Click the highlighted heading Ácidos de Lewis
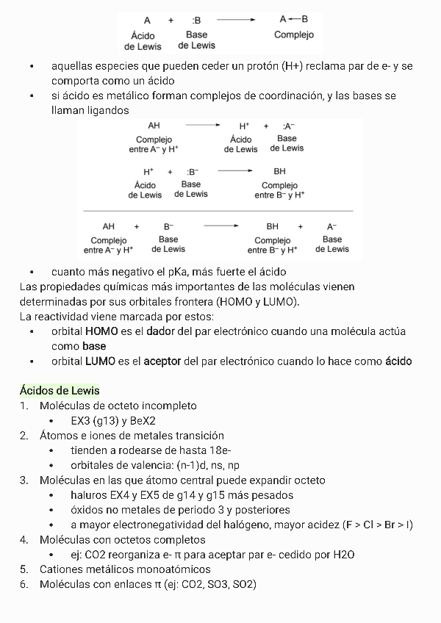(60, 390)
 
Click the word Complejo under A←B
(293, 35)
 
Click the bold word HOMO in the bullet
(101, 331)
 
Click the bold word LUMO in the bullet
(101, 361)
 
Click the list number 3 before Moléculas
(24, 480)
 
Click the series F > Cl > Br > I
(377, 525)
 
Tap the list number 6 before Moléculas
(24, 584)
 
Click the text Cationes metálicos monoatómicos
(125, 569)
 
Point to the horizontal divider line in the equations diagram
(220, 211)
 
